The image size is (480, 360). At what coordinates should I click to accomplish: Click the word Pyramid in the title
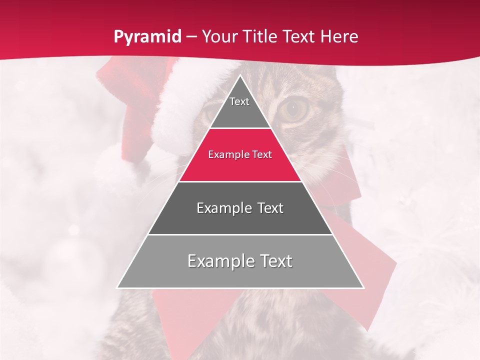[147, 37]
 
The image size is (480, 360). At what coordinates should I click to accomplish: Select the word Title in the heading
[262, 37]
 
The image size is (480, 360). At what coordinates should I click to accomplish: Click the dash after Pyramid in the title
[190, 37]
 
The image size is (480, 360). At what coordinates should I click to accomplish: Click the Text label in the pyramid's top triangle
[239, 102]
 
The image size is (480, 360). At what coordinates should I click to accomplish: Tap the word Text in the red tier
[261, 155]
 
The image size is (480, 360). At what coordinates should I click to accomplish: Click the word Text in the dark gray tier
[270, 208]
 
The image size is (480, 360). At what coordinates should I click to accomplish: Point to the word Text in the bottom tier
[275, 261]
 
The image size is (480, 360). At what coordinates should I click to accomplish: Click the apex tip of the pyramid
[240, 75]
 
